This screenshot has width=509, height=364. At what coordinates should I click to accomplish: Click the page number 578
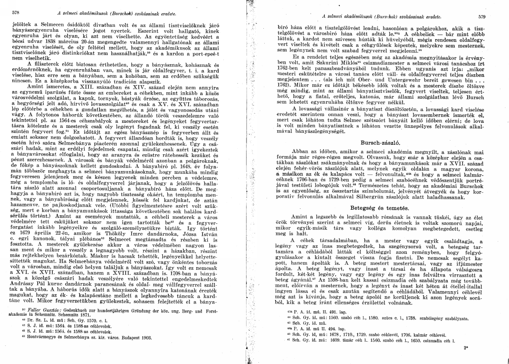[15, 15]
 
